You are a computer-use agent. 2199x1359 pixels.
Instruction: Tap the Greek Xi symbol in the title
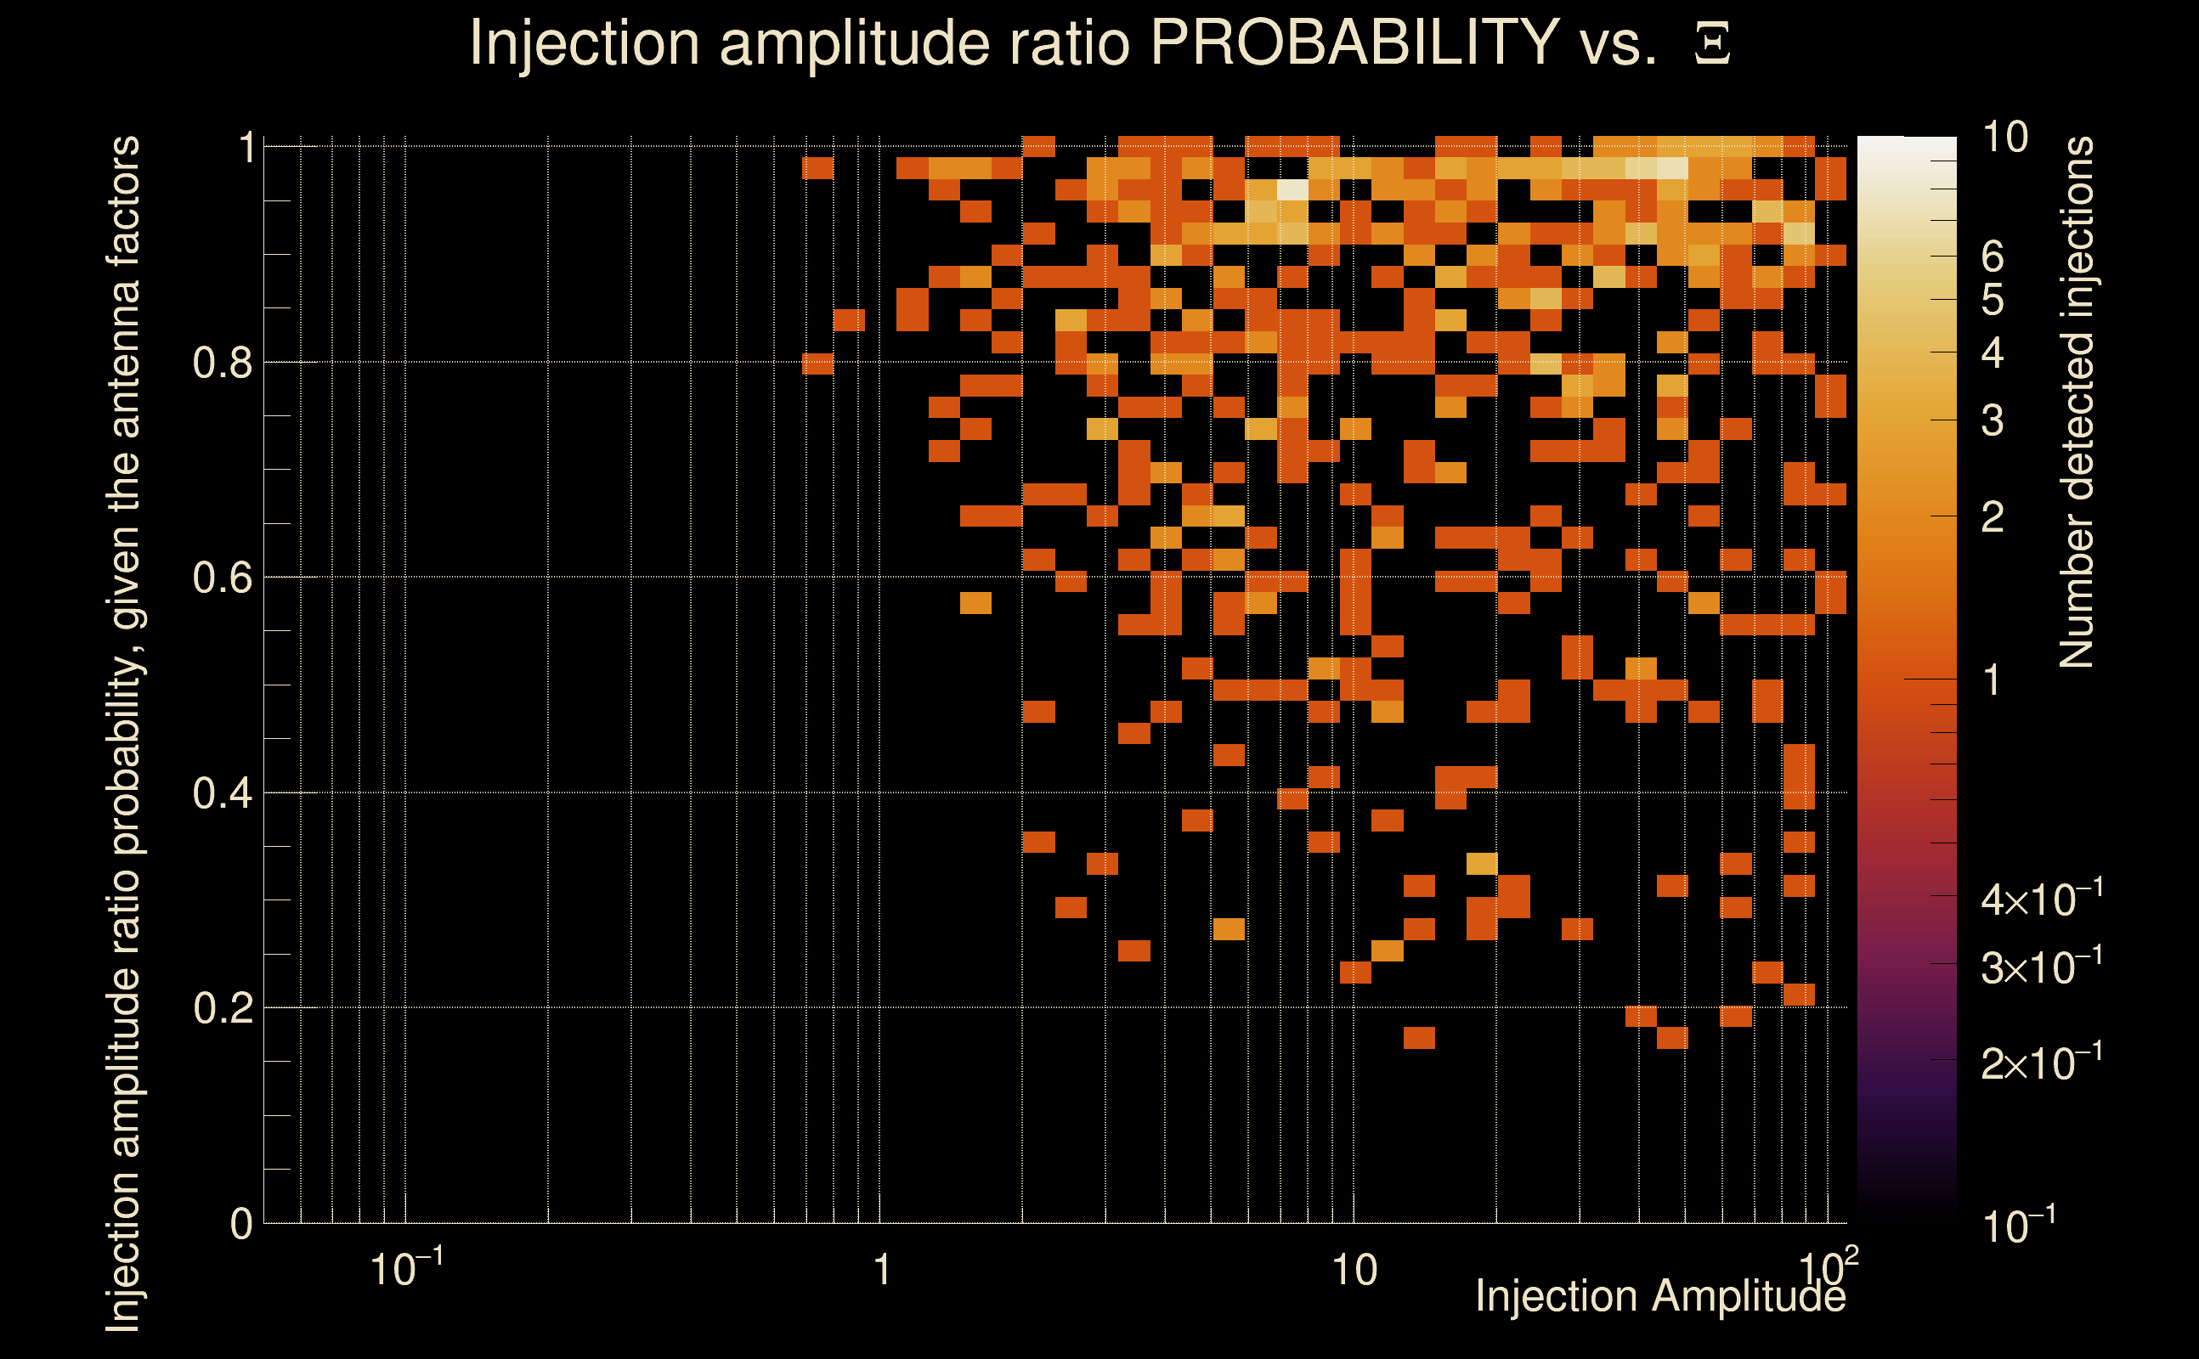(x=1712, y=44)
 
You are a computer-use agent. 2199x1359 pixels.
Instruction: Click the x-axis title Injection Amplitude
(x=1660, y=1296)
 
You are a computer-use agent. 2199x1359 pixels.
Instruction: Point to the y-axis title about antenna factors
(x=124, y=732)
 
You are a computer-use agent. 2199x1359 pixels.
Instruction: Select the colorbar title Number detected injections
(x=2076, y=402)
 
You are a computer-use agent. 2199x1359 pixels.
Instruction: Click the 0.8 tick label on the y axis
(x=222, y=364)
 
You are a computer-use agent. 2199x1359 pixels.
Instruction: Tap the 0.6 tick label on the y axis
(x=222, y=578)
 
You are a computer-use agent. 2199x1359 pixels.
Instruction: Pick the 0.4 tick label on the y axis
(x=222, y=793)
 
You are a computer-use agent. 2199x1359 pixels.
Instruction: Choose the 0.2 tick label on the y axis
(x=222, y=1008)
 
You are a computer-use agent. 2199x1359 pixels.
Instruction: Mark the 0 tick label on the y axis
(x=241, y=1224)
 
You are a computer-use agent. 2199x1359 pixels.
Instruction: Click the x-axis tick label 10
(x=1354, y=1271)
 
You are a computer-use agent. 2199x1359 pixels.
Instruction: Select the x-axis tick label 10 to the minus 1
(x=406, y=1268)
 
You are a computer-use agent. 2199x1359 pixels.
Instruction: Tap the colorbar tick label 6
(x=1993, y=257)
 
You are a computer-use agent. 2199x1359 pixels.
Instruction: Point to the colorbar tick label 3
(x=1993, y=420)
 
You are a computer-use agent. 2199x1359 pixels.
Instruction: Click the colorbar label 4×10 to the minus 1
(x=2042, y=899)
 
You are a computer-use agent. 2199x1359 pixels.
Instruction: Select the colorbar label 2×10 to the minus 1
(x=2042, y=1063)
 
